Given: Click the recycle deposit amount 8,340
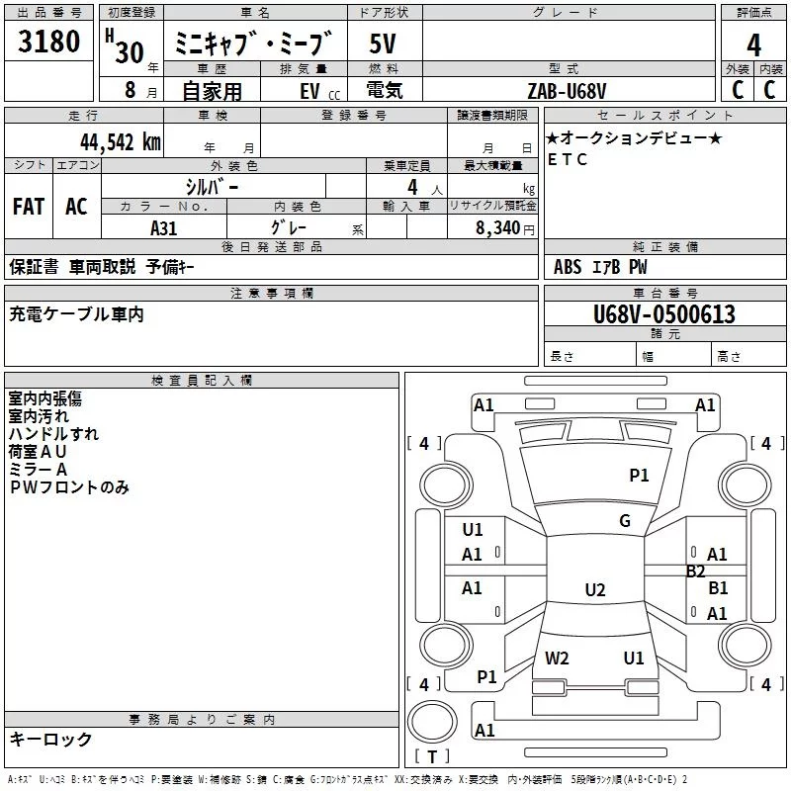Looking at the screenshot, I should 502,228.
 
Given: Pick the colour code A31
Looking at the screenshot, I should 164,227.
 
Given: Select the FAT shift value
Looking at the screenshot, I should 29,207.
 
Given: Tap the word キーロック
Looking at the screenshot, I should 50,739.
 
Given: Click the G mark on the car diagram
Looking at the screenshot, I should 625,521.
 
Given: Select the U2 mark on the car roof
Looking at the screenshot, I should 594,590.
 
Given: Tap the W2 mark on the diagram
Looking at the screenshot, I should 557,658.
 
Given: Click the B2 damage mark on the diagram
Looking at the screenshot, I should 696,571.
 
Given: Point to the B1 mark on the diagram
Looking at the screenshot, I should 719,587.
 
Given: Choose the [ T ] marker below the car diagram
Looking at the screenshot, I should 432,757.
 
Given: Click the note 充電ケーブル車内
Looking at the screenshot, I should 76,314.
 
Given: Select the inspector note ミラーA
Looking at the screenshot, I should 38,469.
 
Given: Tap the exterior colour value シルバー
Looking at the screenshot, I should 212,186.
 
